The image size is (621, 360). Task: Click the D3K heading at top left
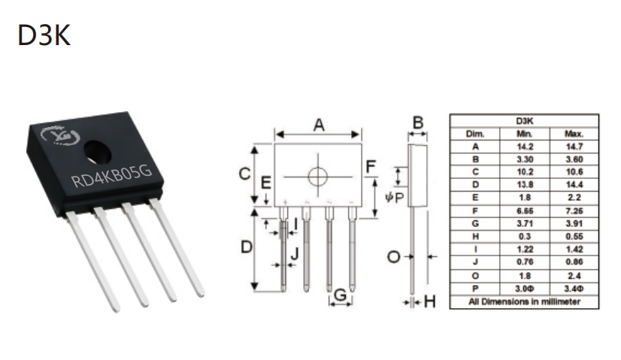44,35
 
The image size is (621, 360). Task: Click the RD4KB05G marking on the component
112,176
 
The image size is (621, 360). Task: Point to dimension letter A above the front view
319,126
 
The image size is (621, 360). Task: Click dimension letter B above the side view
418,123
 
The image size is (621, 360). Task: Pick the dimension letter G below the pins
341,295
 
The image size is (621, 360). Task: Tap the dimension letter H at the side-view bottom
430,302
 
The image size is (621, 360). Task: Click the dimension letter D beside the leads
247,247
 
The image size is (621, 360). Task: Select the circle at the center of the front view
317,176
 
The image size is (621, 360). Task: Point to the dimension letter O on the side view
393,257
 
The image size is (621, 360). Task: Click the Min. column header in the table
524,134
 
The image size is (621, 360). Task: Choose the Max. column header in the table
574,134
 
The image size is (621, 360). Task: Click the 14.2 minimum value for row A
525,147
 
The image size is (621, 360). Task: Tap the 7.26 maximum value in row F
574,210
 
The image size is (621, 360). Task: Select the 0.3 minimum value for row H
525,237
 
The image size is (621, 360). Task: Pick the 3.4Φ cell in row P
574,289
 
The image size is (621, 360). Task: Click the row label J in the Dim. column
475,262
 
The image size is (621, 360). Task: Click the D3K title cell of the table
524,121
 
